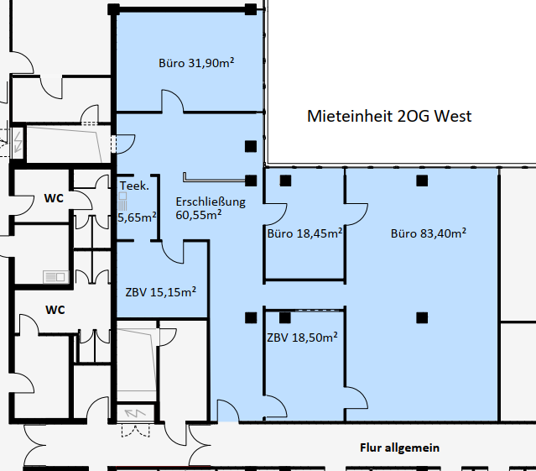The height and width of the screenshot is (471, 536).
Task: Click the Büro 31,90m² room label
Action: (196, 63)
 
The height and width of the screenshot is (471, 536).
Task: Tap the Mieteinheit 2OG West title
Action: (389, 117)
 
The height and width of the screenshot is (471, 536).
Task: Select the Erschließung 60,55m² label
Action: (211, 208)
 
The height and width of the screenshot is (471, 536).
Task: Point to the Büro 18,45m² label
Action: (304, 233)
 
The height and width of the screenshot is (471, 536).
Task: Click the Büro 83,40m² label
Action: (429, 233)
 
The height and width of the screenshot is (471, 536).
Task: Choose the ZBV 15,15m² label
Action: (161, 292)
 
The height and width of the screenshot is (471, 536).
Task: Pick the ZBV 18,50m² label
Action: (302, 338)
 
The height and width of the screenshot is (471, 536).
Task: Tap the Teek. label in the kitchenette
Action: (134, 186)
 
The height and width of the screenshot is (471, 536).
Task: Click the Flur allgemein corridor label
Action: (399, 447)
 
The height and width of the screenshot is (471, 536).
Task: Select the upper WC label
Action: (54, 198)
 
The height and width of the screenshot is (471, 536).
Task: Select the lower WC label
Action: (55, 310)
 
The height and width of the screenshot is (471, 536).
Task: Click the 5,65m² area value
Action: (137, 217)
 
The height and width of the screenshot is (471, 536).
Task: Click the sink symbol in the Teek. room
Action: (122, 201)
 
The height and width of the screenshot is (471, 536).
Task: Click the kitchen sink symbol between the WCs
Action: (55, 277)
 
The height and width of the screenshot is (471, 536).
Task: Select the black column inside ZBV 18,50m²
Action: (284, 317)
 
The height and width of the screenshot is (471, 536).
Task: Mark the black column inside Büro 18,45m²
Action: (285, 181)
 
